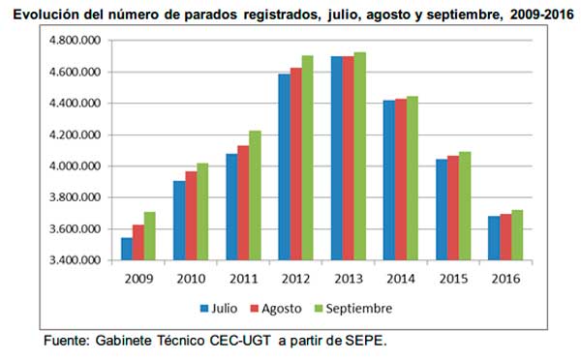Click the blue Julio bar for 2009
click(x=127, y=249)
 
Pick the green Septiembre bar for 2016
click(x=517, y=235)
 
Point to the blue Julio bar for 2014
click(x=388, y=180)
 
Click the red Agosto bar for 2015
click(x=452, y=208)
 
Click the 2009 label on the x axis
click(x=139, y=279)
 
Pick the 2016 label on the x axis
click(x=505, y=279)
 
